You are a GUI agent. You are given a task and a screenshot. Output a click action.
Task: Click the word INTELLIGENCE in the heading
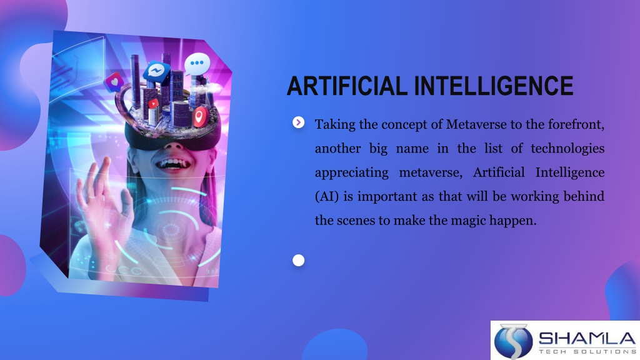pyautogui.click(x=494, y=86)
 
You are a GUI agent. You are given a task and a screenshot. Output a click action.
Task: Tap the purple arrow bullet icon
pyautogui.click(x=298, y=122)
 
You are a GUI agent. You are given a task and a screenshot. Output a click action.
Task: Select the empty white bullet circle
pyautogui.click(x=298, y=261)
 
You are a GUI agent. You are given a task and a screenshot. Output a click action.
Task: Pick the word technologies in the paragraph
pyautogui.click(x=567, y=149)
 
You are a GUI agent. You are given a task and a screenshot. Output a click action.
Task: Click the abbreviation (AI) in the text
pyautogui.click(x=327, y=196)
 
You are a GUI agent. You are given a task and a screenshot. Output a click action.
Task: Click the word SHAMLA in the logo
pyautogui.click(x=587, y=338)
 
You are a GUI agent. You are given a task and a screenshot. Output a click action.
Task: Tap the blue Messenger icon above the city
pyautogui.click(x=156, y=72)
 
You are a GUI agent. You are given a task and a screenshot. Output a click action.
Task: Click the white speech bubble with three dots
pyautogui.click(x=197, y=64)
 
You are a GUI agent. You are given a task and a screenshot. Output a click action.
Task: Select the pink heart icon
pyautogui.click(x=114, y=82)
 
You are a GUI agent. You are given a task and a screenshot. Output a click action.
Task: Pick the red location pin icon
pyautogui.click(x=199, y=117)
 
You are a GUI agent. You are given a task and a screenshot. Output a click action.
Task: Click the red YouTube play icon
pyautogui.click(x=153, y=104)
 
